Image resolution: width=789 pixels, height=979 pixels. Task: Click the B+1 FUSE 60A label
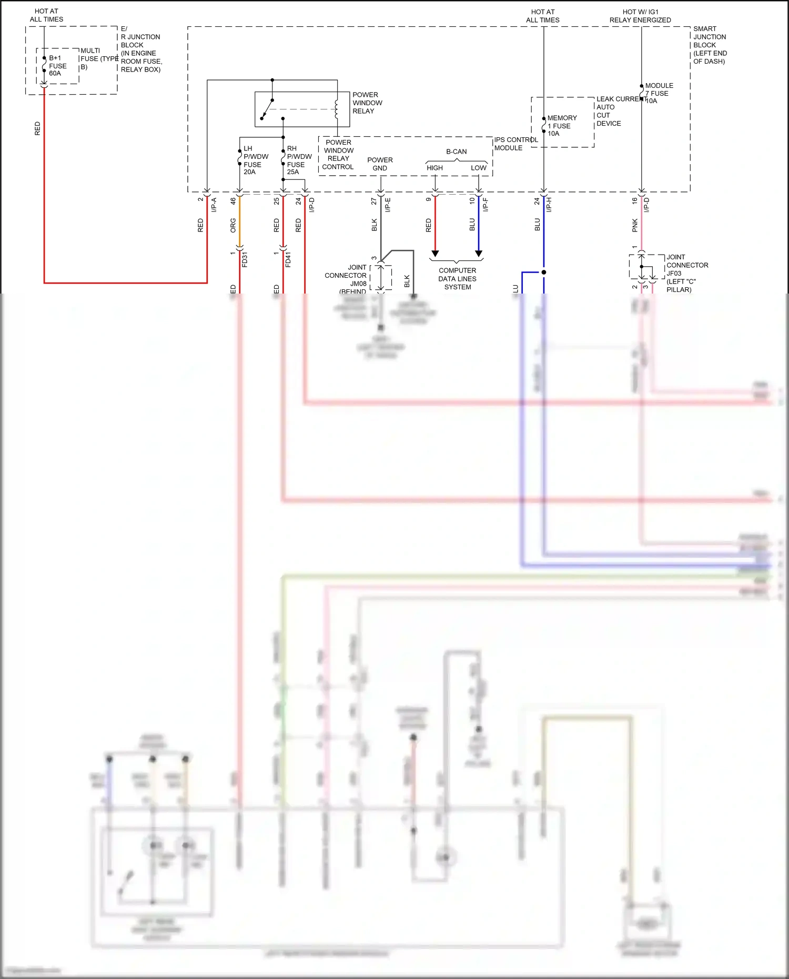(x=57, y=66)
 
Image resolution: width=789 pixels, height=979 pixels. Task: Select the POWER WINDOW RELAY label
(x=367, y=103)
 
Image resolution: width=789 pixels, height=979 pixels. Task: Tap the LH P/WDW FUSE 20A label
(x=255, y=160)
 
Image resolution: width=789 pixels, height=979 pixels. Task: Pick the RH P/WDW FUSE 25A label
(x=299, y=160)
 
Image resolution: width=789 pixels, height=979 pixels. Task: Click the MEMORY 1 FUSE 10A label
(x=561, y=126)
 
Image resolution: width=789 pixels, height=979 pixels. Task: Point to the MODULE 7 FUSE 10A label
(x=659, y=93)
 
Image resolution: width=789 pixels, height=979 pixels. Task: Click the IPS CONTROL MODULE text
(x=515, y=144)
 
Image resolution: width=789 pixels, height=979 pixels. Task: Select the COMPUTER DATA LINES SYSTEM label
(x=457, y=279)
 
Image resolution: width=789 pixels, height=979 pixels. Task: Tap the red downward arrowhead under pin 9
(x=435, y=254)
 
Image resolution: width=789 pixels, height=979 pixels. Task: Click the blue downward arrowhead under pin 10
(x=479, y=254)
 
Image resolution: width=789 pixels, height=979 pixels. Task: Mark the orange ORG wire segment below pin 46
(x=240, y=221)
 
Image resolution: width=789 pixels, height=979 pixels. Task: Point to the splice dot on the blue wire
(x=544, y=272)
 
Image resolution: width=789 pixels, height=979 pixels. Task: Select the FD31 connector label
(x=245, y=259)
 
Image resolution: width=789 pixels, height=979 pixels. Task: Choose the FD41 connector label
(x=288, y=259)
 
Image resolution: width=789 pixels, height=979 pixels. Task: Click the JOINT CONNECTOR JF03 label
(x=686, y=273)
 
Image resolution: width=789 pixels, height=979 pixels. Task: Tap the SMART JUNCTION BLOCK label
(x=710, y=45)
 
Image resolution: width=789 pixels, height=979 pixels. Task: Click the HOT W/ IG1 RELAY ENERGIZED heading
(x=640, y=16)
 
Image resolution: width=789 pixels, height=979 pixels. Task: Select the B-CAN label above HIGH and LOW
(x=456, y=152)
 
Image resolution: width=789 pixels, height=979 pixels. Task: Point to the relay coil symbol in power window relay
(x=337, y=109)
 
